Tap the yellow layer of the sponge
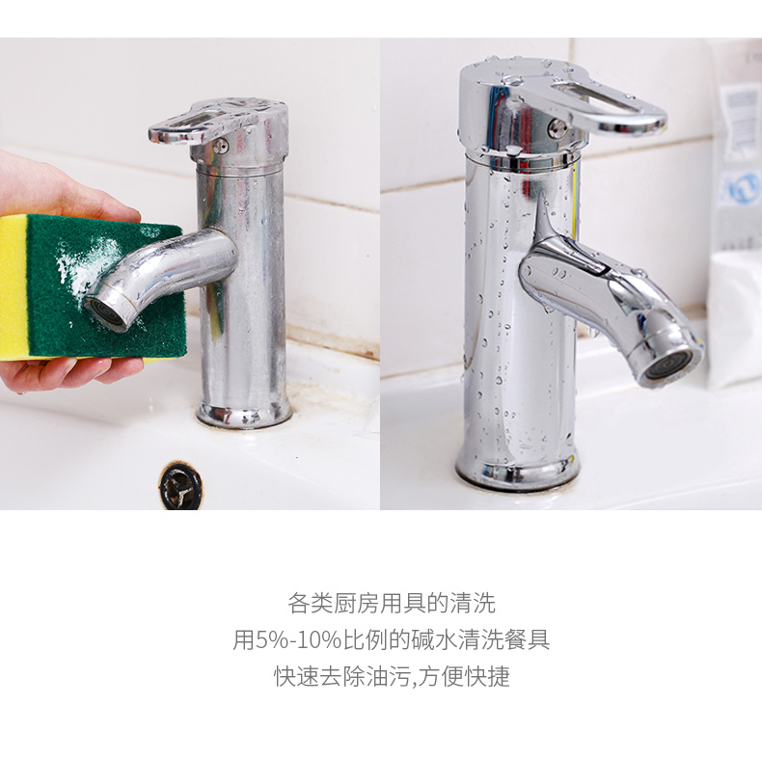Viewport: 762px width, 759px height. (14, 286)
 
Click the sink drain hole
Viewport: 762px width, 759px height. (180, 486)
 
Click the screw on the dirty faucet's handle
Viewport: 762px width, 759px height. (220, 146)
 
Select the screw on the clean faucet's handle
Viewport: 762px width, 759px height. (557, 128)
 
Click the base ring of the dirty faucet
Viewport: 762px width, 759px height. (244, 415)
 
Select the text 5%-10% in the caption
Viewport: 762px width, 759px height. (298, 639)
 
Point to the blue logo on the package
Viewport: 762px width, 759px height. (740, 188)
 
